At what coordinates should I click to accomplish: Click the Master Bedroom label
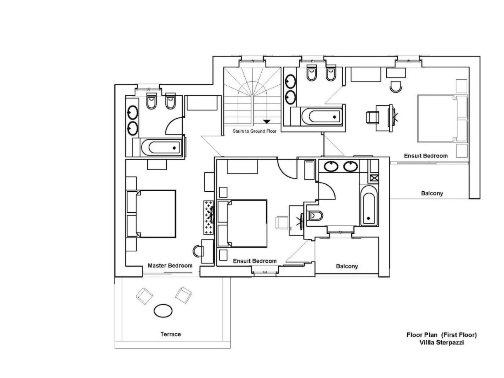(x=170, y=265)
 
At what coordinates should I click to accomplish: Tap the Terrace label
(x=170, y=334)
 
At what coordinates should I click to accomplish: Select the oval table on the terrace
(x=163, y=311)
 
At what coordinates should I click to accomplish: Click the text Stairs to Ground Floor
(x=254, y=131)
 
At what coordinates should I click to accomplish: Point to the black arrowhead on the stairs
(x=266, y=121)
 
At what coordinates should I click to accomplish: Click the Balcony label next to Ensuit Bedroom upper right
(x=432, y=193)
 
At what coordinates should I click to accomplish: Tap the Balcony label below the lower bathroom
(x=347, y=266)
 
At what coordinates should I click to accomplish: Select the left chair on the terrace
(x=144, y=295)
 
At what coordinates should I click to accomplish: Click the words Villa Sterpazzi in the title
(x=442, y=342)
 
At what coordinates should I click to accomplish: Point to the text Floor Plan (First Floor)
(x=441, y=335)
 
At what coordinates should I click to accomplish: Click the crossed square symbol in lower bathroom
(x=374, y=178)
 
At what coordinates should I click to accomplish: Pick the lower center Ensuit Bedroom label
(x=255, y=261)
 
